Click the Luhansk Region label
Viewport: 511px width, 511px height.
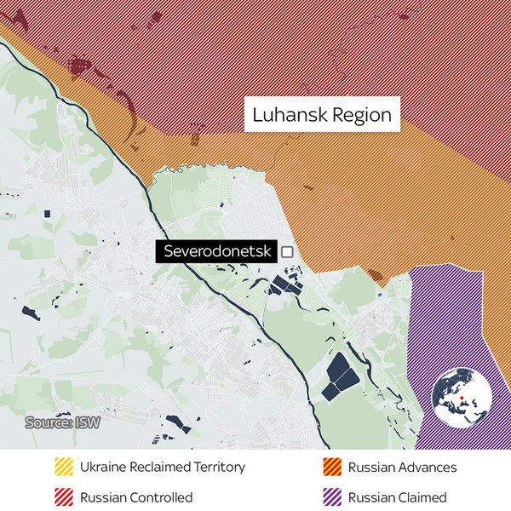(x=322, y=115)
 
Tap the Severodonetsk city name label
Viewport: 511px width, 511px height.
(x=217, y=252)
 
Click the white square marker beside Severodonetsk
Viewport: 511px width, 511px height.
(x=287, y=252)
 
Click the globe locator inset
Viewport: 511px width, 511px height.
(x=460, y=398)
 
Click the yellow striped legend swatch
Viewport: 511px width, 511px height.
(x=65, y=468)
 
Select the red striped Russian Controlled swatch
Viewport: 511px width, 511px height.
(x=65, y=497)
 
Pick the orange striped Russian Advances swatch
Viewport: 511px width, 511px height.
(x=333, y=468)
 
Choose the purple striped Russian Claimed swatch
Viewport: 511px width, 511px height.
(x=333, y=497)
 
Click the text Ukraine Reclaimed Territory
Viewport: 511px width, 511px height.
(x=162, y=468)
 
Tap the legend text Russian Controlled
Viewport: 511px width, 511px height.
(x=136, y=497)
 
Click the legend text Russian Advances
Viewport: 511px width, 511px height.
(x=402, y=468)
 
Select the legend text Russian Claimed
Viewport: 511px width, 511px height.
(x=398, y=497)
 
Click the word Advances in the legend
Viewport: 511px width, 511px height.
(x=428, y=468)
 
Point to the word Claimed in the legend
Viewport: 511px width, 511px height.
(x=423, y=497)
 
